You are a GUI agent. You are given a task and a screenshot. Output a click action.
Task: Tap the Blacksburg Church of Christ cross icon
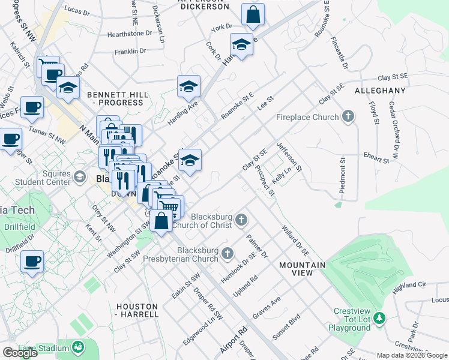pyautogui.click(x=241, y=220)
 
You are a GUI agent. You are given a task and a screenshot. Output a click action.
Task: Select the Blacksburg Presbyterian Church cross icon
pyautogui.click(x=227, y=254)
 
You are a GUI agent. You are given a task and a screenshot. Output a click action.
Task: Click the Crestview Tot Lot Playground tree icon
pyautogui.click(x=379, y=317)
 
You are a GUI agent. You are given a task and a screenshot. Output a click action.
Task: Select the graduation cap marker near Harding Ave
pyautogui.click(x=188, y=87)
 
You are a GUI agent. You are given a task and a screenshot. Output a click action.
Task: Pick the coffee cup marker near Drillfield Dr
pyautogui.click(x=32, y=262)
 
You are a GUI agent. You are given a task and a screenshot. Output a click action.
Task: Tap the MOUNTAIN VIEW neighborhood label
pyautogui.click(x=302, y=269)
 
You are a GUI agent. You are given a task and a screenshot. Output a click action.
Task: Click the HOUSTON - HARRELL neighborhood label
pyautogui.click(x=137, y=310)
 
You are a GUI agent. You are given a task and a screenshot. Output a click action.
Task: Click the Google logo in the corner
pyautogui.click(x=20, y=353)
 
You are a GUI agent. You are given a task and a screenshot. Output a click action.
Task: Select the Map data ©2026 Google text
pyautogui.click(x=412, y=355)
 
